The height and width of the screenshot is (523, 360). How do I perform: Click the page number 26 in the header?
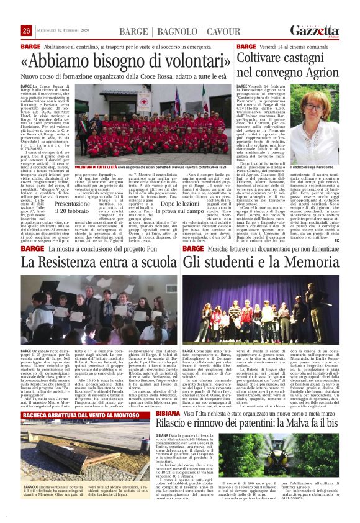pos(26,32)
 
